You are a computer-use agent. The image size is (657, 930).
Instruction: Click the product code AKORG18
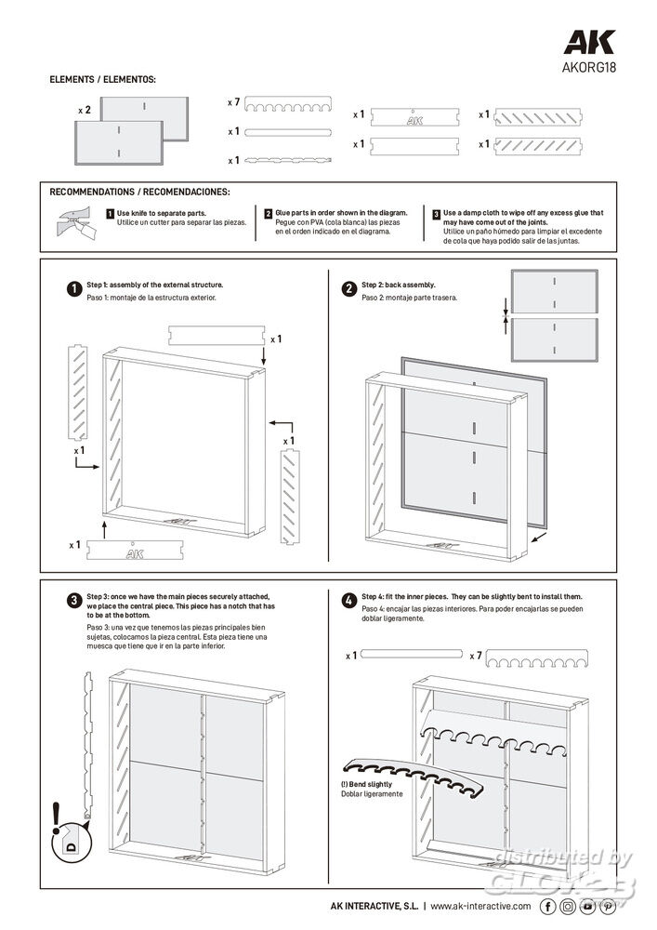(x=588, y=67)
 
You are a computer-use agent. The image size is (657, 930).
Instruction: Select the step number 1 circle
(x=73, y=288)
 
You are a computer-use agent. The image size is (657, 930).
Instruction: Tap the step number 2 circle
(x=348, y=288)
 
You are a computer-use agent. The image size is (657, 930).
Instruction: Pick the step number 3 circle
(x=73, y=600)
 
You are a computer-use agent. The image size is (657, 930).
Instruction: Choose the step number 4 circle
(x=348, y=600)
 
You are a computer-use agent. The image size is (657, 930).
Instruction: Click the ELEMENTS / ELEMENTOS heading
(x=102, y=80)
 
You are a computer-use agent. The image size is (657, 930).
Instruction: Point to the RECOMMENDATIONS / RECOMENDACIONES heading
(x=139, y=193)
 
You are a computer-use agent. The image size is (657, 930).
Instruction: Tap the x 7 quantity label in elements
(x=234, y=100)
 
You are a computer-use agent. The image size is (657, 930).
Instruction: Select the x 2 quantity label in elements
(x=85, y=110)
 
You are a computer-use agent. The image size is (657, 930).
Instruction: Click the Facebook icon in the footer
(x=548, y=906)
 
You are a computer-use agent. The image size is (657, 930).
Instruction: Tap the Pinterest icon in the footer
(x=609, y=906)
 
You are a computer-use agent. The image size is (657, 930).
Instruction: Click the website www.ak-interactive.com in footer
(x=480, y=906)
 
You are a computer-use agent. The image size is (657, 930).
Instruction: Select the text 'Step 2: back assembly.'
(x=399, y=285)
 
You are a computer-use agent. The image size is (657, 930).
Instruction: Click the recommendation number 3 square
(x=437, y=214)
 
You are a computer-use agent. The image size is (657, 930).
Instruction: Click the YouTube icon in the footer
(x=588, y=906)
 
